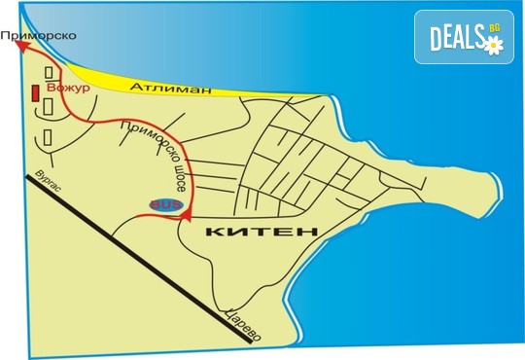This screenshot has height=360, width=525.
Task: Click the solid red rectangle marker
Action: point(36,93)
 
